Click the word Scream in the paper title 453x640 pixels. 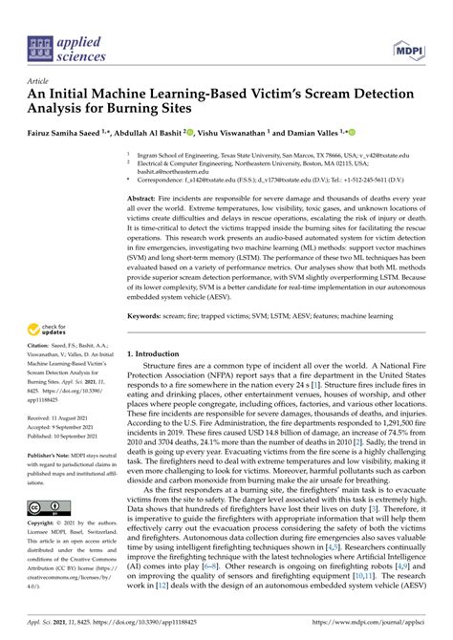coord(324,96)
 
